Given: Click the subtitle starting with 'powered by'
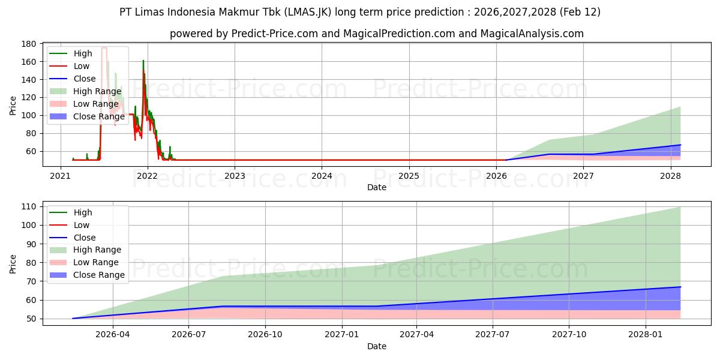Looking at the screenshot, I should tap(376, 34).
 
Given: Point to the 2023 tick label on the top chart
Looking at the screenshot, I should tap(235, 176).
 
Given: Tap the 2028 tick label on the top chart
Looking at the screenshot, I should tap(670, 176).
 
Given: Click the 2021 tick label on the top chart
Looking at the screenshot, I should tap(60, 176).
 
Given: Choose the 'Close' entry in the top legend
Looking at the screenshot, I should tap(85, 79).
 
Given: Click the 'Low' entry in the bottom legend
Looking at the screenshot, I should tap(82, 225).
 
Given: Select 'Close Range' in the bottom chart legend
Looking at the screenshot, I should tap(99, 275).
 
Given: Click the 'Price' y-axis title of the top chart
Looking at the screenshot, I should tap(13, 105).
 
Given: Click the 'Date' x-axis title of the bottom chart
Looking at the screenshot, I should tap(376, 346).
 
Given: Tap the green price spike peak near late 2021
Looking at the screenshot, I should tap(143, 61).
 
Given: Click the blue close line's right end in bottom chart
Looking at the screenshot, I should tap(680, 287).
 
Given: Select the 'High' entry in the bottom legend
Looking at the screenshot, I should tap(83, 212).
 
